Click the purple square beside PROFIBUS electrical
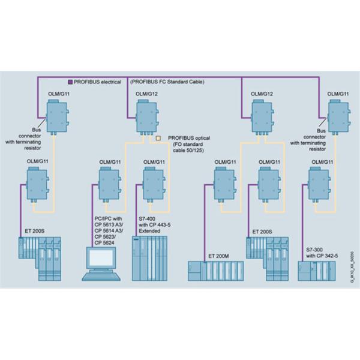click(70, 82)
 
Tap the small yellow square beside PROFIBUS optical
click(158, 138)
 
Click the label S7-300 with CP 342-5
click(322, 235)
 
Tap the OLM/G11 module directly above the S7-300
click(318, 182)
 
